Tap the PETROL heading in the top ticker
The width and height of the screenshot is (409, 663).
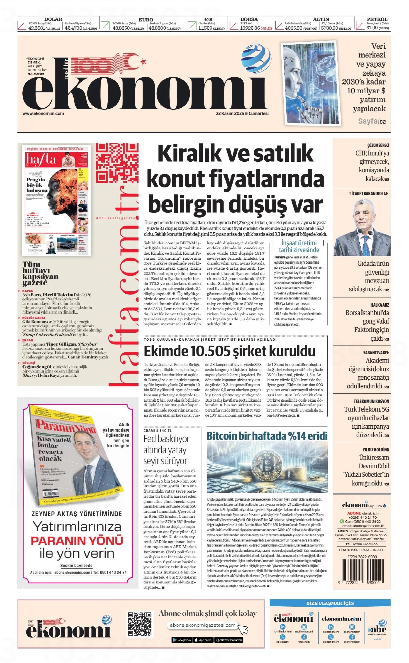tap(377, 19)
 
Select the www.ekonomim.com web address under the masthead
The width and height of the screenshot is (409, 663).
tap(43, 113)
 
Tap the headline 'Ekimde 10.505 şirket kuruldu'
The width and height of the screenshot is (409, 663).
tap(229, 351)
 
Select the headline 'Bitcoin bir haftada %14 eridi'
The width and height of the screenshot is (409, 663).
tap(267, 436)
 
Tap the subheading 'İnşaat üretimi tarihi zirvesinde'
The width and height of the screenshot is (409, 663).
tap(299, 246)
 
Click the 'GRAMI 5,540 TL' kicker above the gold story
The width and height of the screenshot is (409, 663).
tap(157, 430)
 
